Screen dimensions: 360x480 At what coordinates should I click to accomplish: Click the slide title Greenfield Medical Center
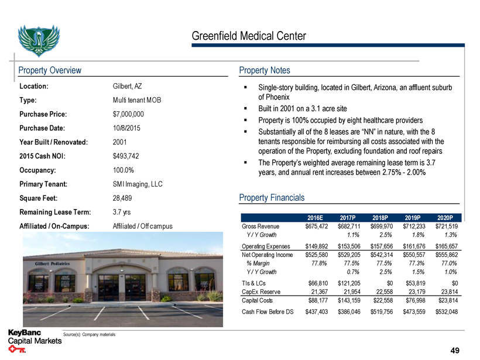[248, 36]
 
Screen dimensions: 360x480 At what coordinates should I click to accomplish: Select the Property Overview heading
[50, 70]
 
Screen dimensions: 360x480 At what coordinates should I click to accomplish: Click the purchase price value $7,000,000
[128, 114]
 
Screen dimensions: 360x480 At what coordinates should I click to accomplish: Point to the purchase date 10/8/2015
[126, 128]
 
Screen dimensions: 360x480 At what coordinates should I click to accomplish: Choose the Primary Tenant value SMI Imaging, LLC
[137, 184]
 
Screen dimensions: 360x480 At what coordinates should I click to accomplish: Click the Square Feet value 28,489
[123, 198]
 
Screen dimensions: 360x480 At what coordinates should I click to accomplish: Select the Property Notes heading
[265, 70]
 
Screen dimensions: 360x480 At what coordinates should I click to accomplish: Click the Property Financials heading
[272, 198]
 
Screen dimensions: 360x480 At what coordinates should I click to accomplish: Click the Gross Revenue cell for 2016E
[317, 226]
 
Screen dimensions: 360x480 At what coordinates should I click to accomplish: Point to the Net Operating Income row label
[267, 255]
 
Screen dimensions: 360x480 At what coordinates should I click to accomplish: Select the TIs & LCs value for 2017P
[349, 283]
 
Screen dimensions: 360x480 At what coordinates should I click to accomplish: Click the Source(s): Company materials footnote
[89, 334]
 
